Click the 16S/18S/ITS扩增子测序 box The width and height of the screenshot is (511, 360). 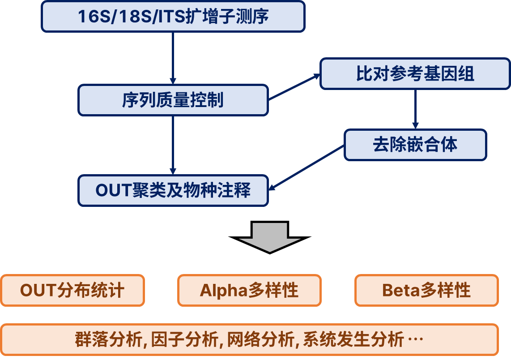(173, 17)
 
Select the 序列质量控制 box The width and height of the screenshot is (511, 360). (173, 100)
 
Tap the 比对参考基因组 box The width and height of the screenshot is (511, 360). (415, 74)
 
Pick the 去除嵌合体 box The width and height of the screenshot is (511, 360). (415, 145)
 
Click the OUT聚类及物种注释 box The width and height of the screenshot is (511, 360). (173, 191)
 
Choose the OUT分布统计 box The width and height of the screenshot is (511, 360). (72, 291)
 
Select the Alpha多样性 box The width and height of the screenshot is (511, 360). (249, 291)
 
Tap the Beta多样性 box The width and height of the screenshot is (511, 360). (426, 291)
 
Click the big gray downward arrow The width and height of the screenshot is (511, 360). (269, 236)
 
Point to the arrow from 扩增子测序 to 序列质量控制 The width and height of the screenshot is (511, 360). (173, 58)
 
